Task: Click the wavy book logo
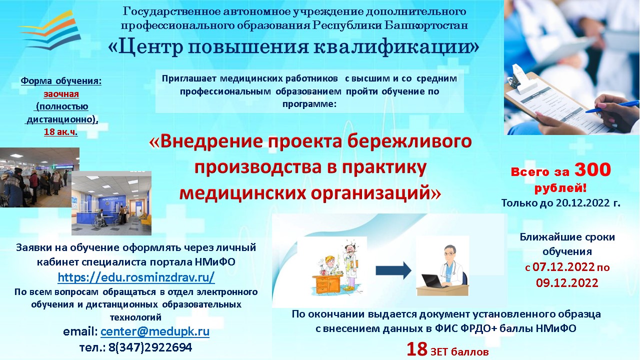click(x=50, y=30)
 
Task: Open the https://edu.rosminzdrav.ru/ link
click(x=136, y=277)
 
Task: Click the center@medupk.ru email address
click(x=155, y=331)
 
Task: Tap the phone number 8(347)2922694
click(x=150, y=347)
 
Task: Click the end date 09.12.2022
click(x=567, y=282)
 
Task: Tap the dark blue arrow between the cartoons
click(x=393, y=270)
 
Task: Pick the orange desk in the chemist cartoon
click(x=327, y=284)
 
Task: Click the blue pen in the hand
click(x=613, y=106)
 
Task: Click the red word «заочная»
click(x=61, y=93)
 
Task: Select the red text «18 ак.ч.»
click(x=60, y=132)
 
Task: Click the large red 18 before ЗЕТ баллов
click(x=417, y=349)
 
